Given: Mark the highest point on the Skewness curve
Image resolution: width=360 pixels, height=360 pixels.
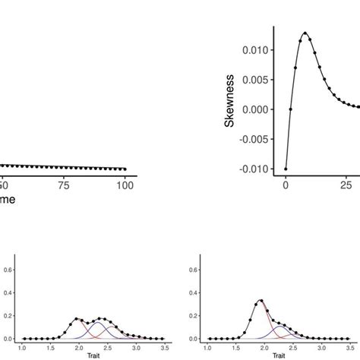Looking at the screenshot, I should click(305, 33).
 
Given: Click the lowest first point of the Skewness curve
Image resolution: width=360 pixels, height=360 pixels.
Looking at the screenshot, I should click(286, 169).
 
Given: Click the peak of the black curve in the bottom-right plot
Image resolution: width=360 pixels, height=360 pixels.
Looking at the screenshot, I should click(261, 301).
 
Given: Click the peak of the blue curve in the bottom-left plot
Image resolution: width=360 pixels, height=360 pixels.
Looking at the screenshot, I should click(97, 324).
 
